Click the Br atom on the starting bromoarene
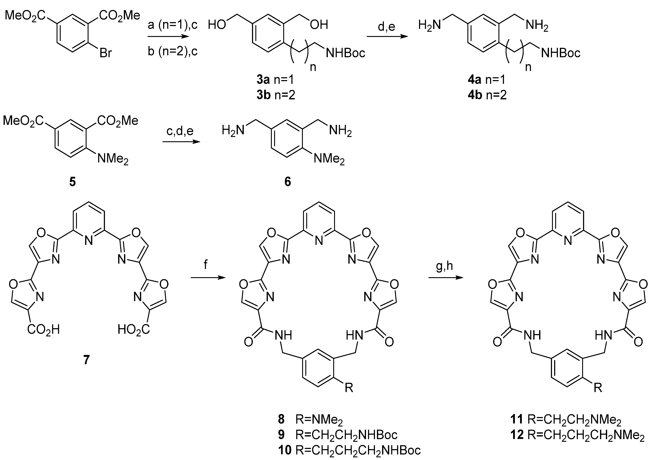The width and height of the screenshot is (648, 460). pos(106,53)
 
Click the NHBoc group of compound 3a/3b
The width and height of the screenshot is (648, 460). pos(345,53)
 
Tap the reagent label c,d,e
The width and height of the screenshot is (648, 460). pos(180,131)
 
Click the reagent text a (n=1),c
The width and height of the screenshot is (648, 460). pos(173,25)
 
